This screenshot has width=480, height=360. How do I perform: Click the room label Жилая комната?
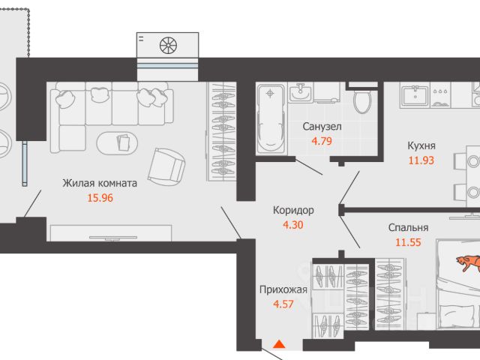click(x=100, y=183)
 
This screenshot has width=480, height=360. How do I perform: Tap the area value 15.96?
click(x=100, y=198)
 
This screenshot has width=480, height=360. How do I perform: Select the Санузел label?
click(x=322, y=127)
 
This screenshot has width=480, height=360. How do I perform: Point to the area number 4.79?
click(x=322, y=142)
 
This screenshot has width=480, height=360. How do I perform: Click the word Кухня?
click(x=421, y=145)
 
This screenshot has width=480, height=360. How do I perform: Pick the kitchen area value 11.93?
click(x=421, y=160)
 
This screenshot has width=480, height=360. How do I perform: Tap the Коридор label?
click(x=293, y=210)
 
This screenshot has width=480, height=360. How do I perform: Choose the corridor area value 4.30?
click(x=293, y=225)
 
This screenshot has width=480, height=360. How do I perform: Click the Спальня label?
click(x=408, y=227)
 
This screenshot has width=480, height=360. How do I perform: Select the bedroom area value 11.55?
click(x=408, y=242)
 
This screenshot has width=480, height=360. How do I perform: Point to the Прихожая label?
click(x=283, y=289)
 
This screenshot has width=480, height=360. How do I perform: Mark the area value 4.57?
click(x=283, y=304)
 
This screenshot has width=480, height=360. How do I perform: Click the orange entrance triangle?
click(x=279, y=344)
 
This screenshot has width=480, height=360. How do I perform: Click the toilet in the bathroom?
click(x=362, y=100)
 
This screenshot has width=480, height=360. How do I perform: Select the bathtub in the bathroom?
click(x=271, y=118)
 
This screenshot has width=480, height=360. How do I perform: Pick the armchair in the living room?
click(x=166, y=166)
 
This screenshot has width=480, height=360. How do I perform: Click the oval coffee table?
click(x=117, y=143)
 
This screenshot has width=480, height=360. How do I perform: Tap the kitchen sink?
click(x=415, y=95)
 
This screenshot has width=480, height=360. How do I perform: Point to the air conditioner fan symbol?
click(x=168, y=45)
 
